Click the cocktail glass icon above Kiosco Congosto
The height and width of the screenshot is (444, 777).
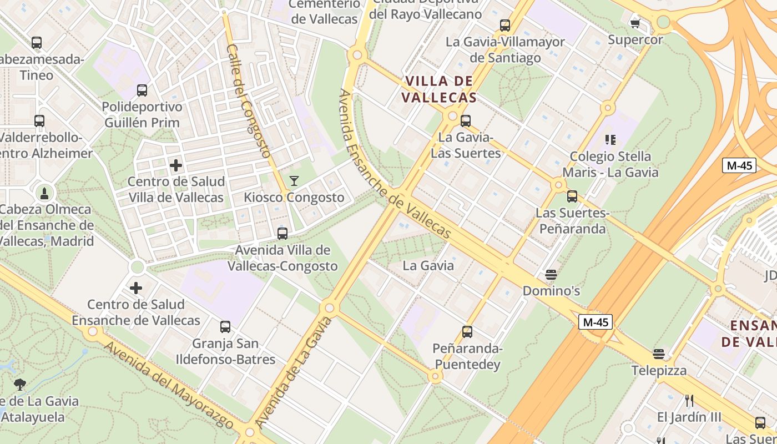click(x=294, y=181)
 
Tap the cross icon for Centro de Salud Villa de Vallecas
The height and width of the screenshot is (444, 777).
click(x=176, y=165)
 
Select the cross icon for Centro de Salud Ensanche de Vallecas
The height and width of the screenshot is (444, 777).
click(x=136, y=288)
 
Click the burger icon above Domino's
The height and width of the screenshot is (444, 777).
click(x=551, y=275)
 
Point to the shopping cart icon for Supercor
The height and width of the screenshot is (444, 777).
click(x=635, y=23)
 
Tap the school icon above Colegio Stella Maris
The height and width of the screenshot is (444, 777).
click(x=610, y=140)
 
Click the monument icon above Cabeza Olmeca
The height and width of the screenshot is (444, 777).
click(x=44, y=193)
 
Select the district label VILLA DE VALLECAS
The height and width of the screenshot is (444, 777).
click(x=439, y=89)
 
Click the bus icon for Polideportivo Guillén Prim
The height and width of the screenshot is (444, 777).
click(x=142, y=90)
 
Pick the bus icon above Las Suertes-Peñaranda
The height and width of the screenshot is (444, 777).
click(x=572, y=196)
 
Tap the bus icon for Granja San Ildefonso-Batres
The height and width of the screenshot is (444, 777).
click(x=225, y=327)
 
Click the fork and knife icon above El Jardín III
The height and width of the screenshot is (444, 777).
click(x=689, y=400)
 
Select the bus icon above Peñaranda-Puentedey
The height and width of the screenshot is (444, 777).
click(x=467, y=332)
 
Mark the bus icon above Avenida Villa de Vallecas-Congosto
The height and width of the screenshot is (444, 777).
click(x=282, y=234)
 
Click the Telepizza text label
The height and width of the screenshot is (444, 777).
click(x=659, y=370)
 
